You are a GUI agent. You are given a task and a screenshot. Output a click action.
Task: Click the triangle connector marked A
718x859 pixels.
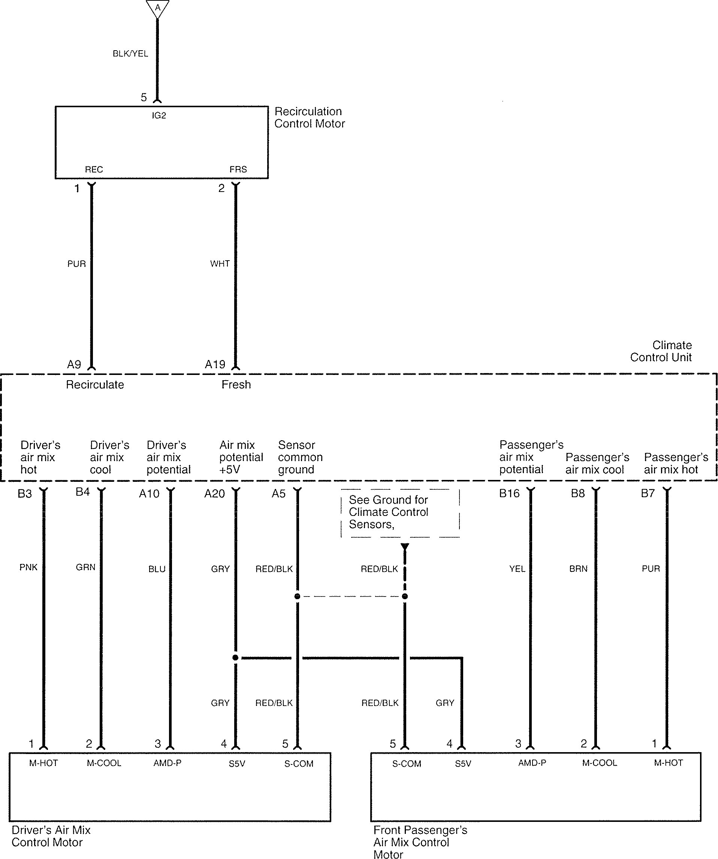pos(157,8)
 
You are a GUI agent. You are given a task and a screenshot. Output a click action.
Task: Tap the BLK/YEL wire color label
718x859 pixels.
pos(130,54)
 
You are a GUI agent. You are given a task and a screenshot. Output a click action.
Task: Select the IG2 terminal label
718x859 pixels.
pos(159,116)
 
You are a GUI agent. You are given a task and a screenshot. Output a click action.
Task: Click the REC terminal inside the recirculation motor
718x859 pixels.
pos(94,169)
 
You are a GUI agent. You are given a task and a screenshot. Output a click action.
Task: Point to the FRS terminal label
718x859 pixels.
pos(238,169)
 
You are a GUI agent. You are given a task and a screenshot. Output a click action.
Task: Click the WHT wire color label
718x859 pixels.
pos(220,264)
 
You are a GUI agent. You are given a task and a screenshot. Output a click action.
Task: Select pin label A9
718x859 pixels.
pos(74,364)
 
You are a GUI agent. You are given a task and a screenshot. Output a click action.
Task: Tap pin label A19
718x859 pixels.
pos(215,364)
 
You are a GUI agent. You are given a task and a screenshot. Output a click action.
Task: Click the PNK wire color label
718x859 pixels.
pos(28,567)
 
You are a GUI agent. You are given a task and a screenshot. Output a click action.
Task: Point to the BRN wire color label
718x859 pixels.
pos(578,568)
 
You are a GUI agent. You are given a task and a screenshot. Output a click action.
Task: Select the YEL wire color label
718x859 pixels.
pos(517,568)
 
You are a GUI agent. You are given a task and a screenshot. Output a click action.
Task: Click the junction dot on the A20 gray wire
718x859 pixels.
pos(235,658)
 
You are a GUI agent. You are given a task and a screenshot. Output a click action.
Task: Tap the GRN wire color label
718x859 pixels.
pos(85,567)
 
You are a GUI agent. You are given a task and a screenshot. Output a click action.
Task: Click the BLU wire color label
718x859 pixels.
pos(157,569)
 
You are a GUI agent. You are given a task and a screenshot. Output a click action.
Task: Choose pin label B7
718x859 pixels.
pos(648,493)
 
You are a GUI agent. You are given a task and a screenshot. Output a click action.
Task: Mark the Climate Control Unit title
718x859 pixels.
pos(661,351)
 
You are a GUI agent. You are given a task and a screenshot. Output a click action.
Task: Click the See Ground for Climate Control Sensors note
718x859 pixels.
pos(389,512)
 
